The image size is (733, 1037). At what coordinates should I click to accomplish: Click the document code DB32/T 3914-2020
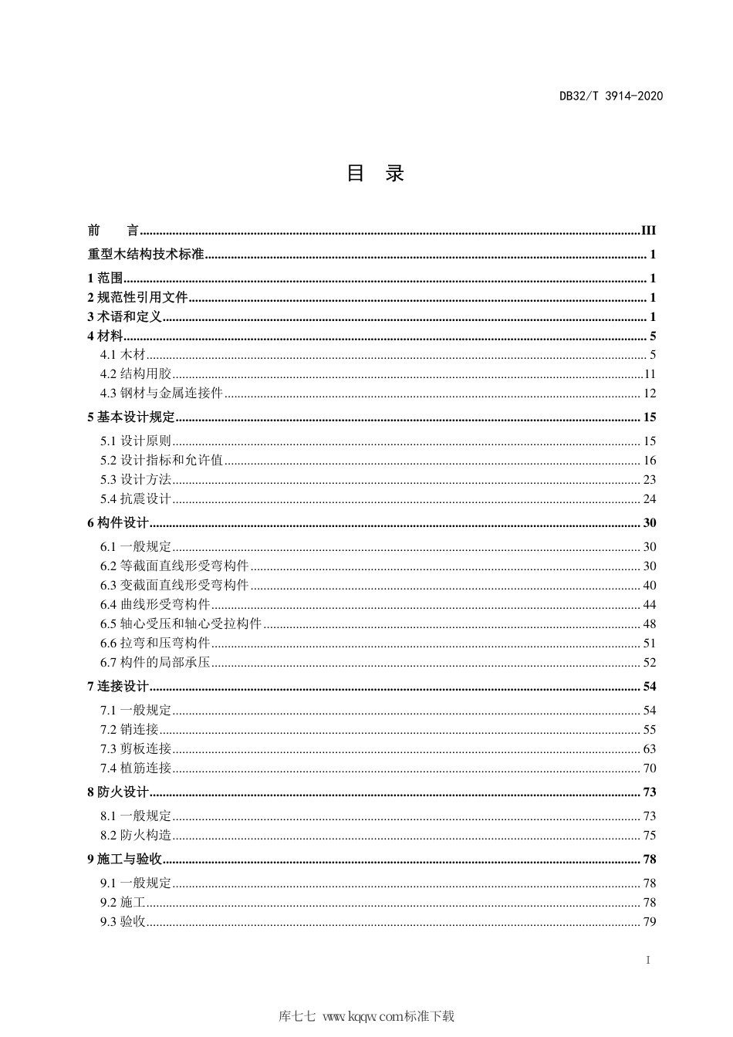(x=610, y=96)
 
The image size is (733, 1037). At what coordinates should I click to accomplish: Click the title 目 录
(x=375, y=173)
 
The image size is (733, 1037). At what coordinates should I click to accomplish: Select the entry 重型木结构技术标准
(x=146, y=255)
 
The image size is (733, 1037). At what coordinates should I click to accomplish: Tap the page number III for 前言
(x=648, y=230)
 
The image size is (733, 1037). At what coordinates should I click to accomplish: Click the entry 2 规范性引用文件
(x=137, y=298)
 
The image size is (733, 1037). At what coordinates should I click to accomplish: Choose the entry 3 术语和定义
(x=124, y=317)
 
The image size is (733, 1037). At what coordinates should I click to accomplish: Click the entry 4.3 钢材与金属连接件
(x=161, y=394)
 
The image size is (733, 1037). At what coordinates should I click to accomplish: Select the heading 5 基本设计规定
(x=131, y=417)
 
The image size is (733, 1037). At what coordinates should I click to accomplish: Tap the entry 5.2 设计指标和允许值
(x=161, y=461)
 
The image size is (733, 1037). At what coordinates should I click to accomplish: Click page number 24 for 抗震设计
(x=649, y=499)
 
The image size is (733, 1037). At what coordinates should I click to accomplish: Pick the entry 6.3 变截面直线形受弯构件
(x=174, y=586)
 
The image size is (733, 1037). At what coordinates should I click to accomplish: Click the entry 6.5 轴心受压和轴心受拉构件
(x=181, y=624)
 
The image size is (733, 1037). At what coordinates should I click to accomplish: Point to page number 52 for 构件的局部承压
(x=649, y=663)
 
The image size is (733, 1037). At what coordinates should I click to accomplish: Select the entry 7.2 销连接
(x=129, y=730)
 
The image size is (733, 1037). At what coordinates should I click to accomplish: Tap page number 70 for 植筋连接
(x=649, y=768)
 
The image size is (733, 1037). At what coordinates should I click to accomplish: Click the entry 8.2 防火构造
(x=135, y=836)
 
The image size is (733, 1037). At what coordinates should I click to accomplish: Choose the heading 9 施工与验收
(x=124, y=860)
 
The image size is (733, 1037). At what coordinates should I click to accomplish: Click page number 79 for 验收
(x=649, y=922)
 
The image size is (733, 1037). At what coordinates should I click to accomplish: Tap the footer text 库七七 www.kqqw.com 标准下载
(x=366, y=1016)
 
